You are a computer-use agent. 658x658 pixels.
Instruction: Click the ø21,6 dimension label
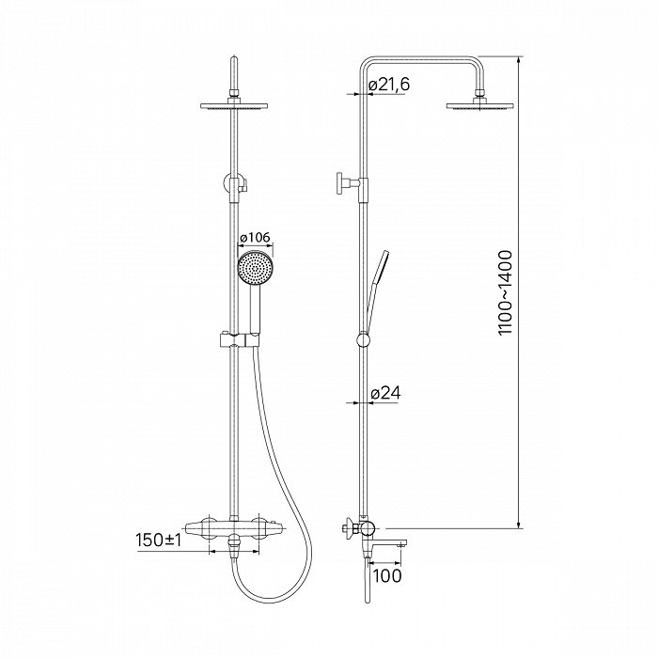click(x=389, y=85)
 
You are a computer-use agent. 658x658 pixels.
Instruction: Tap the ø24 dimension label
click(x=385, y=393)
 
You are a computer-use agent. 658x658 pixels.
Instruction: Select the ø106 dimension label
click(x=255, y=238)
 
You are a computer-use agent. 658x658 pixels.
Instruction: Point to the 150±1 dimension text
click(x=159, y=540)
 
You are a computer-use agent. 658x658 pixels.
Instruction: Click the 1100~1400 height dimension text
click(x=506, y=292)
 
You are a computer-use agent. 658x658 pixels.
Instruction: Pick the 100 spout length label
click(x=387, y=575)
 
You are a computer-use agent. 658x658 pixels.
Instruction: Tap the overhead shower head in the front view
click(x=234, y=104)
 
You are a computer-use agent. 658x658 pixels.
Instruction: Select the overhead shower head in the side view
click(x=480, y=104)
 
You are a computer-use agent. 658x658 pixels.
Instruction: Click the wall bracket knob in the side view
click(x=340, y=183)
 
